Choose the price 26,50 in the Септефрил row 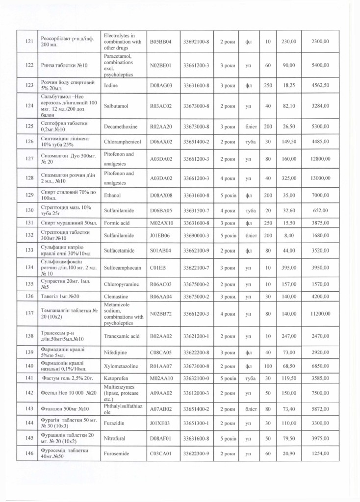(289, 126)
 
